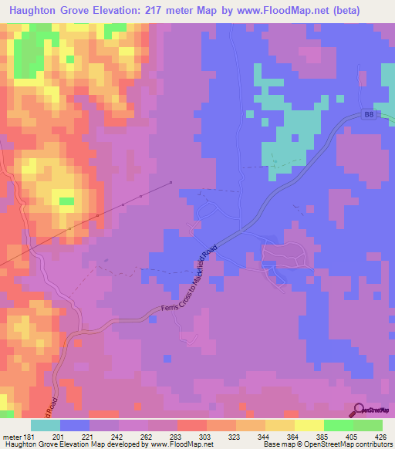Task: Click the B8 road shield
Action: (369, 113)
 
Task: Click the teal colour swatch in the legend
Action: (45, 425)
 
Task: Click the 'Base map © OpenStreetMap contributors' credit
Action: (328, 445)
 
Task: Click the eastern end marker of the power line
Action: (170, 183)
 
